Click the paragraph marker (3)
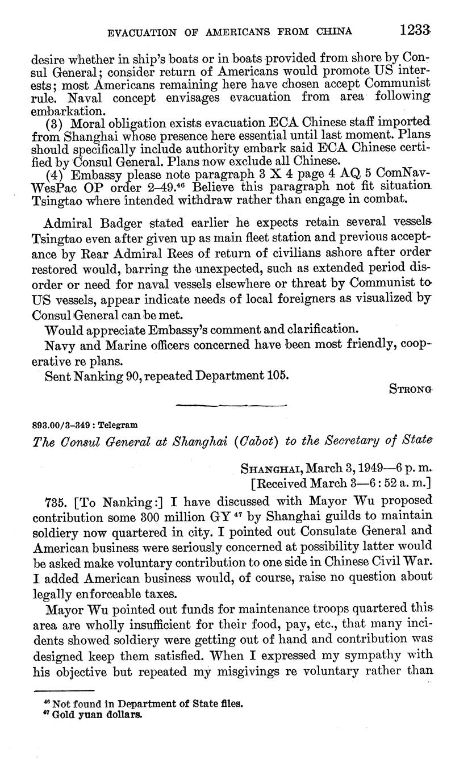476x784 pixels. click(x=55, y=123)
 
